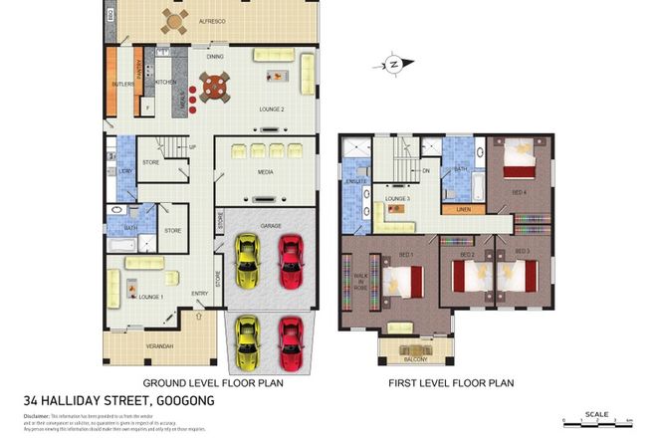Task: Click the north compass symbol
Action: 394,65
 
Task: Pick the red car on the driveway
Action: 290,340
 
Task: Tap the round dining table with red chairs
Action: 213,90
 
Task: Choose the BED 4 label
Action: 520,191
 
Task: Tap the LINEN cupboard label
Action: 463,210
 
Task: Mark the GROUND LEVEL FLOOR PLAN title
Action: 213,382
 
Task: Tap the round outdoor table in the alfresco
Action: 176,21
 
